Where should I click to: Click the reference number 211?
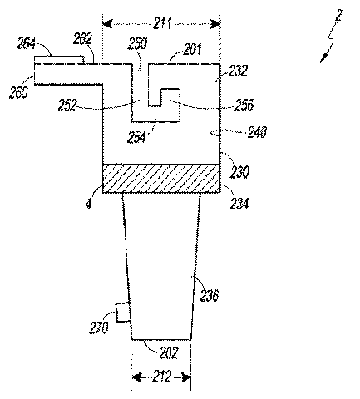coord(163,23)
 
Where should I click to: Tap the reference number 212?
coord(162,377)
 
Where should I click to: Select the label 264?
coord(26,43)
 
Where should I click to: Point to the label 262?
coord(82,39)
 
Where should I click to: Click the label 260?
coord(18,92)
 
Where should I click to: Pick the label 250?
coord(137,44)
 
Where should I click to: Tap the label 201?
coord(192,49)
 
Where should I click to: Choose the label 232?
coord(238,71)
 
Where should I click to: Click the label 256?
coord(244,105)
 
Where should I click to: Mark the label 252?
coord(67,105)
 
